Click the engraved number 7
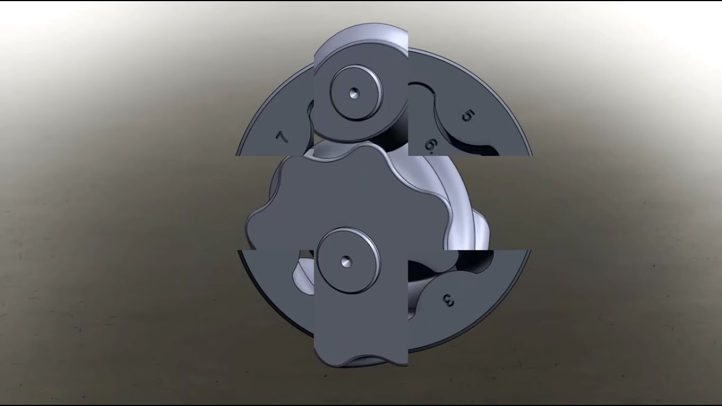281,137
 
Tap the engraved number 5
468,116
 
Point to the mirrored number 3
448,301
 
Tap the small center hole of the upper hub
354,94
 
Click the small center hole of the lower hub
346,261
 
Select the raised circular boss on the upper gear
356,93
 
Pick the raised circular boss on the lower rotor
348,261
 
